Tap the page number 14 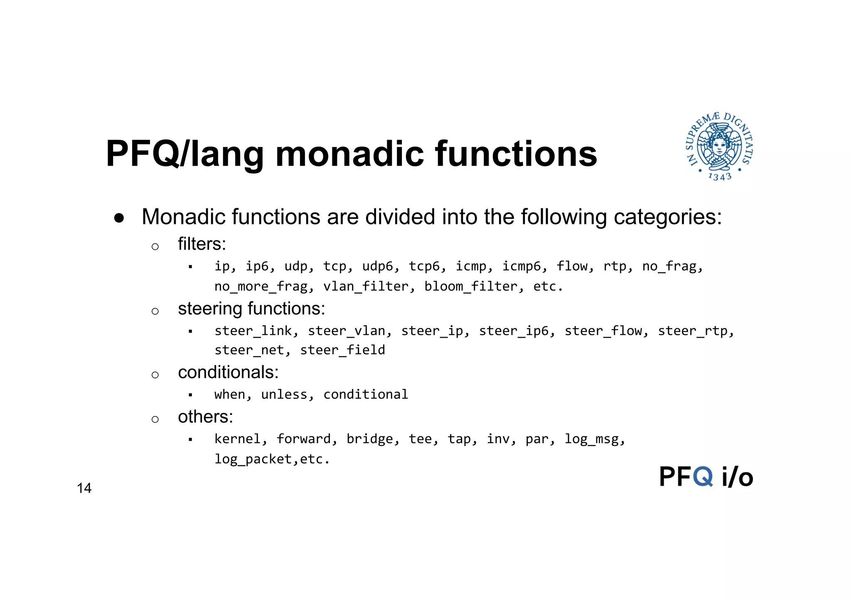tap(84, 488)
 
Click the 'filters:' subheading tap(202, 244)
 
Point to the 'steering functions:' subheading tap(251, 309)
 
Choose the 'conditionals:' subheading tap(228, 372)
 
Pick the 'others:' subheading tap(205, 417)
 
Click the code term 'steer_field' tap(342, 350)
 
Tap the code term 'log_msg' tap(593, 439)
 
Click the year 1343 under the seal tap(720, 177)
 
